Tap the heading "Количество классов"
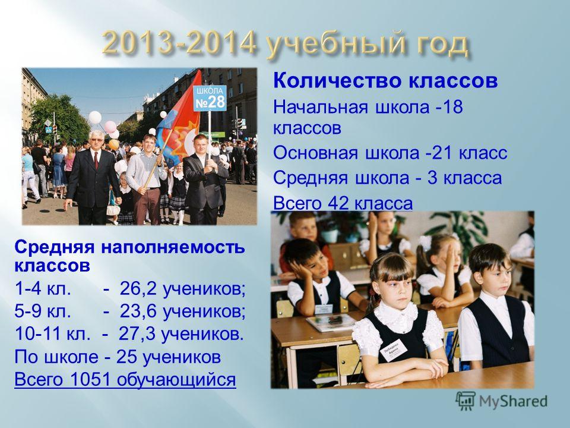385,81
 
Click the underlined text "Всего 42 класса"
343,203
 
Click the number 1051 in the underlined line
90,379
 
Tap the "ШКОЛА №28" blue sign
211,98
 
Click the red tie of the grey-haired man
96,160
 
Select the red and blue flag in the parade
180,120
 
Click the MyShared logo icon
465,401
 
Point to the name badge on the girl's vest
393,350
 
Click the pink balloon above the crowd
110,126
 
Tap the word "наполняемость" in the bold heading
173,248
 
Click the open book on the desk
331,322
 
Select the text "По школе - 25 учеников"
118,357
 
